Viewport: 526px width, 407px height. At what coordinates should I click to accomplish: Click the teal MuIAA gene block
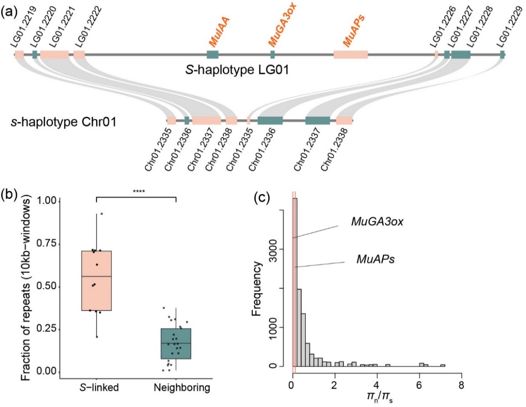tap(213, 55)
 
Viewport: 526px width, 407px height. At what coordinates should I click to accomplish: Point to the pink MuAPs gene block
tap(350, 55)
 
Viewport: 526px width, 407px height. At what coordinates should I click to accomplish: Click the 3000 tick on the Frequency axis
tap(281, 249)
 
